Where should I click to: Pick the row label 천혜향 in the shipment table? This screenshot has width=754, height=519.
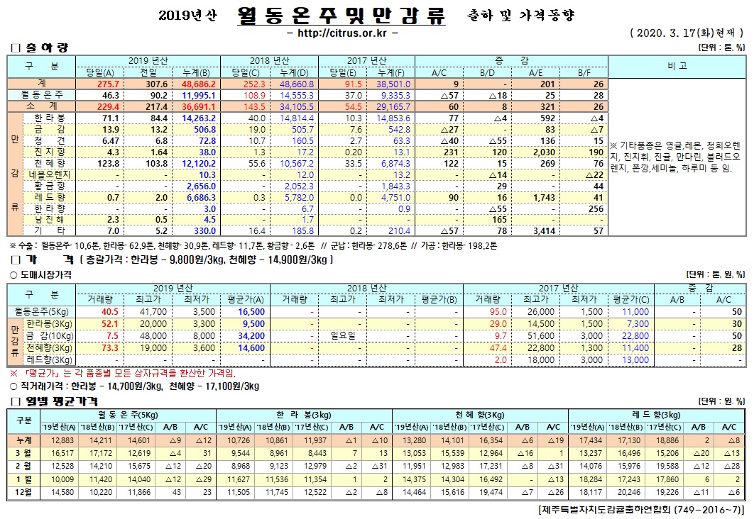pos(49,164)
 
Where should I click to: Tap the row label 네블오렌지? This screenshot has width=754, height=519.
pos(49,175)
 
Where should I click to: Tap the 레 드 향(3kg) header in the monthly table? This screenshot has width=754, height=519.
pos(656,414)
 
